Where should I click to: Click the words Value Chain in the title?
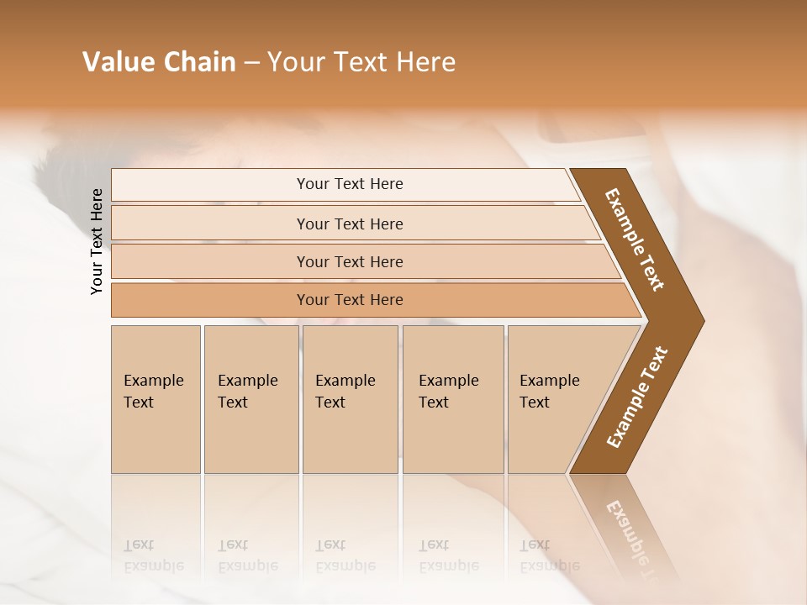pyautogui.click(x=159, y=62)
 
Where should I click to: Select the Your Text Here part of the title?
pyautogui.click(x=361, y=62)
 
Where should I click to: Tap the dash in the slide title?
pyautogui.click(x=251, y=63)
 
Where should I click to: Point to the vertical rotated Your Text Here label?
pyautogui.click(x=97, y=241)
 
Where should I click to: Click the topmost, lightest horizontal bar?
pyautogui.click(x=349, y=184)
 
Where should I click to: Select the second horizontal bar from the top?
pyautogui.click(x=349, y=224)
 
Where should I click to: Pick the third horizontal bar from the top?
pyautogui.click(x=349, y=261)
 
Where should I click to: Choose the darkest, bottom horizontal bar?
pyautogui.click(x=349, y=300)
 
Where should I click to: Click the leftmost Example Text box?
pyautogui.click(x=156, y=399)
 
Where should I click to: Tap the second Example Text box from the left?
pyautogui.click(x=251, y=399)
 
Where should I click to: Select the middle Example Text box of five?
pyautogui.click(x=350, y=399)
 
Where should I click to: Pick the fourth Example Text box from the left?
pyautogui.click(x=452, y=399)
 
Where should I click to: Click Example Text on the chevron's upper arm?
pyautogui.click(x=635, y=239)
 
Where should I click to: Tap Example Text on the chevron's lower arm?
pyautogui.click(x=637, y=397)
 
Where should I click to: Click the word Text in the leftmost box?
pyautogui.click(x=139, y=402)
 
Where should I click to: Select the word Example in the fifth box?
pyautogui.click(x=549, y=381)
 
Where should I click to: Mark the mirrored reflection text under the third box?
pyautogui.click(x=345, y=556)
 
